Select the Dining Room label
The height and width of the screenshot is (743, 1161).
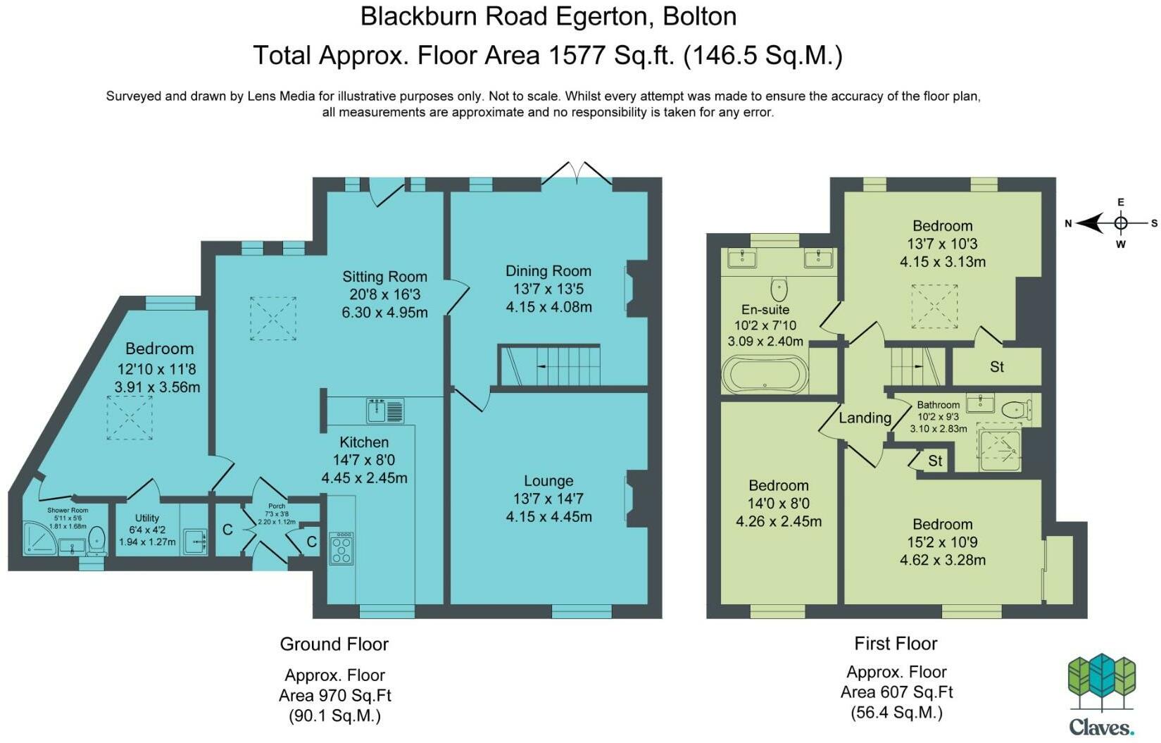coord(548,270)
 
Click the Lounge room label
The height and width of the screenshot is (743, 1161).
coord(548,480)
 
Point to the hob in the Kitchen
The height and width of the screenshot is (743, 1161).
coord(341,548)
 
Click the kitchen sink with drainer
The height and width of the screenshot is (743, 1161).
coord(385,411)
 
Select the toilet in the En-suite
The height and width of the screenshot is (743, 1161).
coord(779,288)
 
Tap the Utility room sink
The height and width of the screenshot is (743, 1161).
coord(196,542)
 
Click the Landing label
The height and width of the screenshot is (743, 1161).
coord(865,418)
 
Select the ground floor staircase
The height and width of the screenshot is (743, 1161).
coord(549,366)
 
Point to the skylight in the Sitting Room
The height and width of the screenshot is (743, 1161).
coord(273,318)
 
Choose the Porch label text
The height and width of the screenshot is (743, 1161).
coord(277,506)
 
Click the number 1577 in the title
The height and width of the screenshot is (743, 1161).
coord(577,55)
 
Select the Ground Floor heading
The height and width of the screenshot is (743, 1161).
coord(334,644)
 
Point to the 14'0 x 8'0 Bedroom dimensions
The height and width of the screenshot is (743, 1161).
coord(779,503)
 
